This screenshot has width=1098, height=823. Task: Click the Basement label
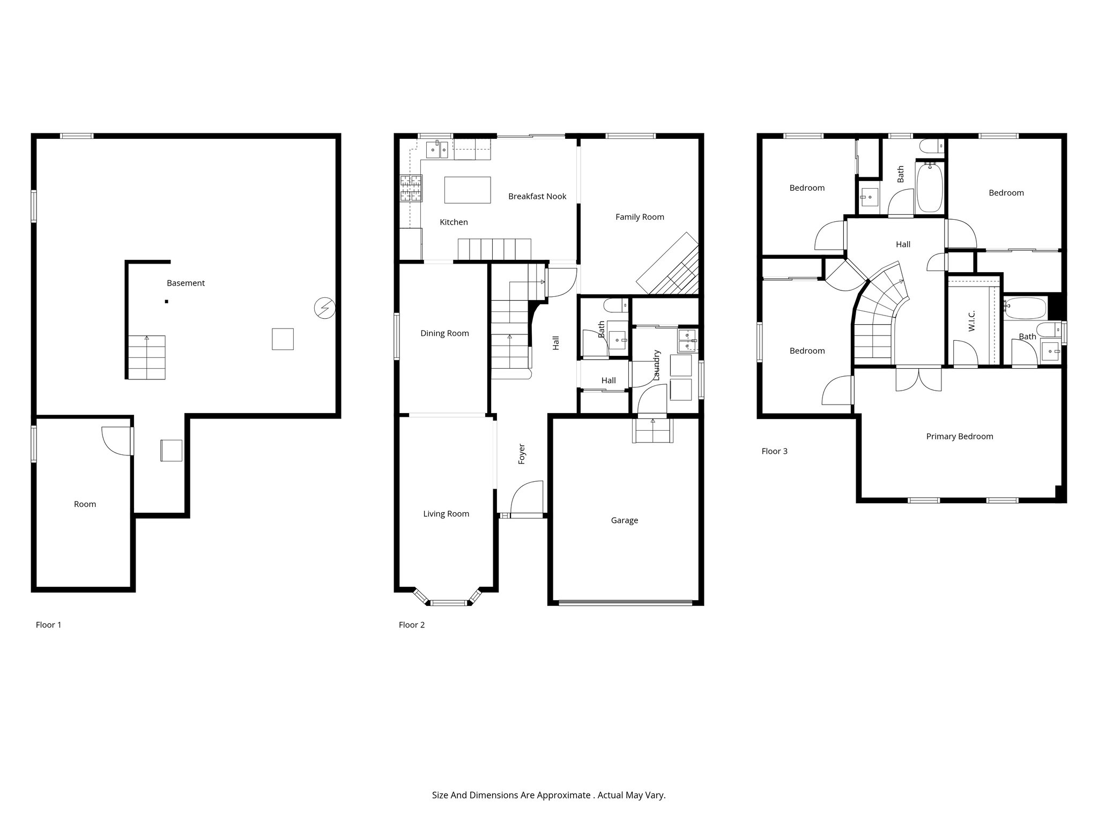click(186, 283)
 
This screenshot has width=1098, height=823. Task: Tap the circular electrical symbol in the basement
click(324, 309)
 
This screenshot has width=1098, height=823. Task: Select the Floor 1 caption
click(48, 625)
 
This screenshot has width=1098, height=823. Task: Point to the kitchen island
click(468, 190)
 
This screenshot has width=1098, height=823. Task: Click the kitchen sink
click(437, 150)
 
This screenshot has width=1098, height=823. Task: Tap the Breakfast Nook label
click(537, 196)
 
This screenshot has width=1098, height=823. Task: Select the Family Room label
click(640, 217)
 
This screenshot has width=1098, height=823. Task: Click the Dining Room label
click(444, 333)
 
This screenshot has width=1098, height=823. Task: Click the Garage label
click(624, 520)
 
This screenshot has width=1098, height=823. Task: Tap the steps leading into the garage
click(654, 430)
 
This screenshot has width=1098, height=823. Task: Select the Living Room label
click(446, 514)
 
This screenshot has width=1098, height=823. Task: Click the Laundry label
click(657, 365)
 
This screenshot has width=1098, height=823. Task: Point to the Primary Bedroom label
click(959, 437)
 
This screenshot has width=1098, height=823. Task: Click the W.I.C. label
click(972, 320)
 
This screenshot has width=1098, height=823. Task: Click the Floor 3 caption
click(774, 451)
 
